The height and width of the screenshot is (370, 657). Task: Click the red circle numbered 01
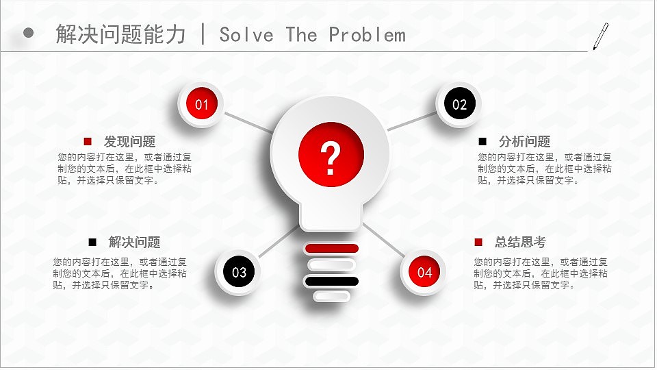pyautogui.click(x=201, y=105)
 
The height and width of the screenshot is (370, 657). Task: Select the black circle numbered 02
pyautogui.click(x=459, y=105)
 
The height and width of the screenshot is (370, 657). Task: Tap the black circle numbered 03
pyautogui.click(x=239, y=272)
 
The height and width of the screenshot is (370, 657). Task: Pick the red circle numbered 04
pyautogui.click(x=424, y=272)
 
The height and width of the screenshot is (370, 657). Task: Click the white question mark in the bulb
pyautogui.click(x=331, y=158)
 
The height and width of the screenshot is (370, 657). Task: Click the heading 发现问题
pyautogui.click(x=129, y=142)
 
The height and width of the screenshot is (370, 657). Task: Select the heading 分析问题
pyautogui.click(x=524, y=142)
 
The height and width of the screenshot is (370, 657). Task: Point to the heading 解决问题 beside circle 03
pyautogui.click(x=134, y=242)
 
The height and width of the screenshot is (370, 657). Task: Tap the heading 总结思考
pyautogui.click(x=520, y=242)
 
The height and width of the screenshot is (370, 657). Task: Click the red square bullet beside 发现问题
pyautogui.click(x=88, y=142)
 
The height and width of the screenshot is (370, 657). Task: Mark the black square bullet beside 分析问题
pyautogui.click(x=482, y=142)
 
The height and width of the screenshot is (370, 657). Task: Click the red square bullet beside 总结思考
pyautogui.click(x=478, y=242)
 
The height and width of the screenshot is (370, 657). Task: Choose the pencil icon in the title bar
pyautogui.click(x=600, y=36)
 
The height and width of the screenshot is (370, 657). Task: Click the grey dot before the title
pyautogui.click(x=29, y=33)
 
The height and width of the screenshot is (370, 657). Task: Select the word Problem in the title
pyautogui.click(x=367, y=34)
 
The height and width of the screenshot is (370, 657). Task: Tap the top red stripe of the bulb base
pyautogui.click(x=331, y=248)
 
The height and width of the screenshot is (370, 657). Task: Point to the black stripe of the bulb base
pyautogui.click(x=331, y=281)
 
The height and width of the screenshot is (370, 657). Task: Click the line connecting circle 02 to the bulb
pyautogui.click(x=412, y=121)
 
